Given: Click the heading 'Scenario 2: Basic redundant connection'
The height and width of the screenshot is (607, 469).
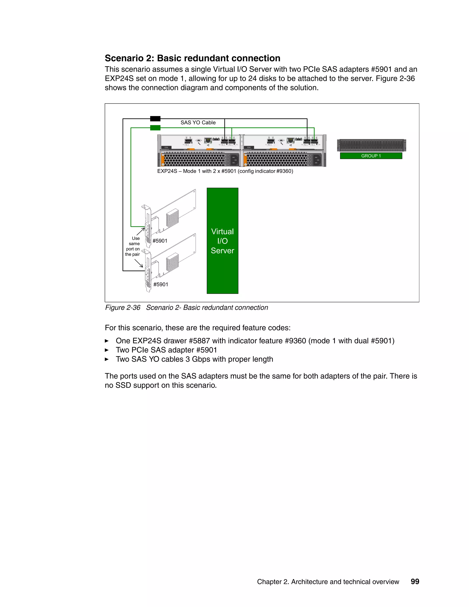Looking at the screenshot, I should (x=192, y=58).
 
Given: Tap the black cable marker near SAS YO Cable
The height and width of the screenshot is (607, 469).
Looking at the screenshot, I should (x=155, y=119).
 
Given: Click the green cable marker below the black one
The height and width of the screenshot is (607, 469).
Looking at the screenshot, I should (x=155, y=128).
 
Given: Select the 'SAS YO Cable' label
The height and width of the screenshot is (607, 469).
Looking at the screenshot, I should (x=198, y=123).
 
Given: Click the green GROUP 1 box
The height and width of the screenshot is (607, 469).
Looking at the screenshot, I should (x=371, y=156).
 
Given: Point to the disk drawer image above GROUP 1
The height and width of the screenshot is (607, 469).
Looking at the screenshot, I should (x=371, y=145).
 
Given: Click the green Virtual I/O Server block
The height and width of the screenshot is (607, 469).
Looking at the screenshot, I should (x=222, y=241).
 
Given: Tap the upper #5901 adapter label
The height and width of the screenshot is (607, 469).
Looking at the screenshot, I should (x=160, y=241).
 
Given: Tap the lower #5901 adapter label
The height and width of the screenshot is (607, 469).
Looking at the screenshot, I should (x=161, y=284).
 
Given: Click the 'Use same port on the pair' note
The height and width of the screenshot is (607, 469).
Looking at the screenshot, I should (x=133, y=246).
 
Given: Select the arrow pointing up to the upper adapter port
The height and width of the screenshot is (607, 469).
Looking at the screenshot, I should (x=140, y=232).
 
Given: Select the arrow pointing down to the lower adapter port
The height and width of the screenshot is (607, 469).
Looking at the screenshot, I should (x=139, y=263).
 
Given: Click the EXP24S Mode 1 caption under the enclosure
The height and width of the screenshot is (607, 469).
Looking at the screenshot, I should (x=225, y=171).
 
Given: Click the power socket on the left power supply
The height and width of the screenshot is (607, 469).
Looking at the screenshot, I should (x=234, y=159).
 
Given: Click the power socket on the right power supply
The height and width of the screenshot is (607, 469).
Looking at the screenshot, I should (x=317, y=159).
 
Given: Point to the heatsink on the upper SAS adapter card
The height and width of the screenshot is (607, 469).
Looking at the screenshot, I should (x=172, y=217).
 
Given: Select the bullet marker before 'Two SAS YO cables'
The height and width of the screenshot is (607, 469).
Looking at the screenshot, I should (x=107, y=359).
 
